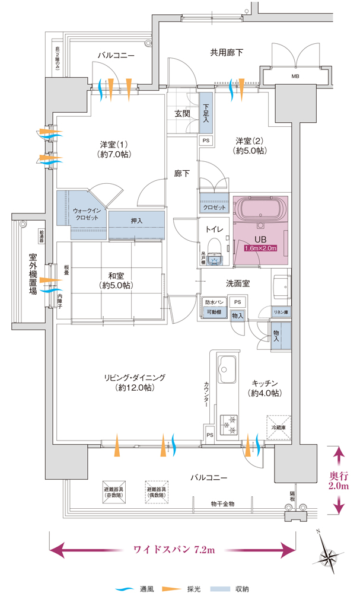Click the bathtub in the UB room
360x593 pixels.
tap(261, 209)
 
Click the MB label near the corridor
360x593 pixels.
tap(295, 76)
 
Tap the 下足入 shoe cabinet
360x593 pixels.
tap(206, 113)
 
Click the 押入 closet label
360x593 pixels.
tap(137, 221)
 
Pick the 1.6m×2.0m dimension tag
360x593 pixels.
tap(261, 248)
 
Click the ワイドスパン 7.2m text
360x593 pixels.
tap(174, 549)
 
